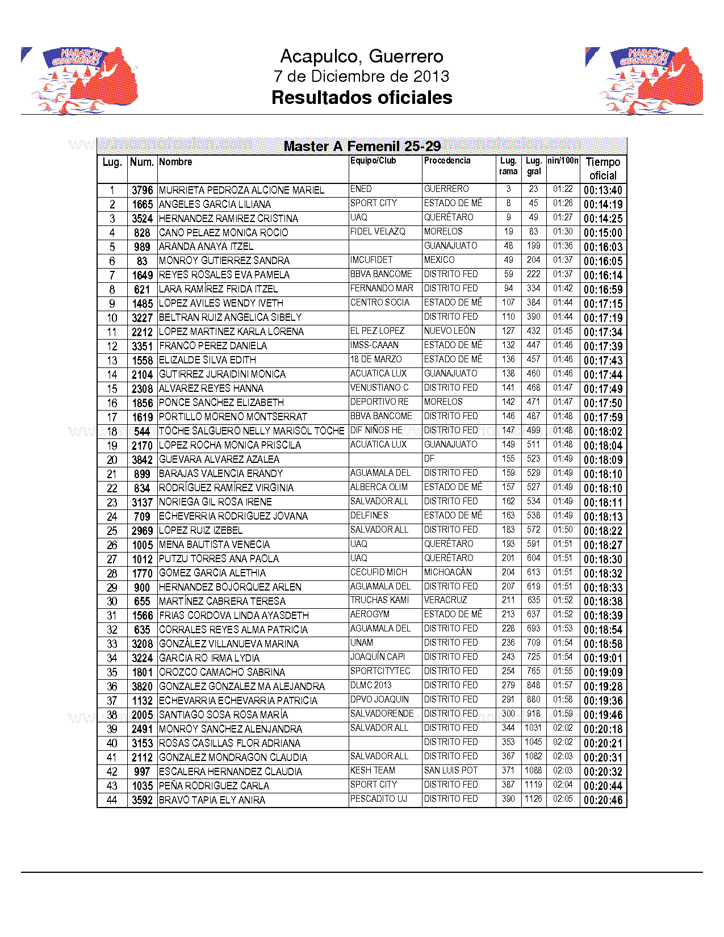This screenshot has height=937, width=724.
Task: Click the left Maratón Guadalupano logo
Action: coord(80,80)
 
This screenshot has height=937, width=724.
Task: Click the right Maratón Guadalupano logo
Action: coord(644,80)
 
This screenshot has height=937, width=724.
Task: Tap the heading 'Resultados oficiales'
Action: coord(362,98)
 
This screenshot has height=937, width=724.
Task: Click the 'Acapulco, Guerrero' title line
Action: coord(362,56)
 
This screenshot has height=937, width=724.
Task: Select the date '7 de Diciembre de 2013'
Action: coord(362,76)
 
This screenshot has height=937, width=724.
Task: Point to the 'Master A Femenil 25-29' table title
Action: coord(362,147)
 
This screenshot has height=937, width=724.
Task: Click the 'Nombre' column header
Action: coord(175,162)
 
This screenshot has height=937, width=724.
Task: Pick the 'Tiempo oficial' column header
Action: coord(602,169)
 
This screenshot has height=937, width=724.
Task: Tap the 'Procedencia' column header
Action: coord(447,161)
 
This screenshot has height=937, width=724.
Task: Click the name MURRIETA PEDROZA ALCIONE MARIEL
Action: coord(241,190)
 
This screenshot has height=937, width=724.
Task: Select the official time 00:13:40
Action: coord(602,190)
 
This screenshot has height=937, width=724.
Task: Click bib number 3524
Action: coord(142,219)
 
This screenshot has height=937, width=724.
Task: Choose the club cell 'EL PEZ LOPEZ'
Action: coord(377,331)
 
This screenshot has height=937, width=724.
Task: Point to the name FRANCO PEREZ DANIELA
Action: coord(213,346)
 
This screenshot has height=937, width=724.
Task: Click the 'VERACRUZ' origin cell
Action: coord(445,600)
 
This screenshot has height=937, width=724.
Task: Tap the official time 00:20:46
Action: coord(602,800)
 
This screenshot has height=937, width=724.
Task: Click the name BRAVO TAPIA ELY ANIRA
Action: coord(212,800)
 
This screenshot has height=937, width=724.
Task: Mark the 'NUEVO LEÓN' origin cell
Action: coord(449,331)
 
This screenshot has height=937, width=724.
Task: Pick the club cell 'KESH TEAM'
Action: coord(373,771)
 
